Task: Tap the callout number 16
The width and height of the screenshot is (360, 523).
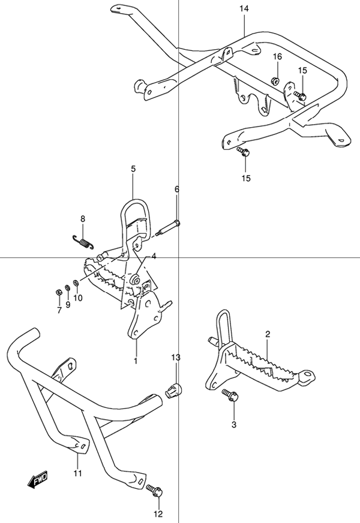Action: [277, 56]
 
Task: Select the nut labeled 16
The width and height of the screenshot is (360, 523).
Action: [274, 80]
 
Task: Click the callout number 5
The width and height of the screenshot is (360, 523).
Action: [133, 170]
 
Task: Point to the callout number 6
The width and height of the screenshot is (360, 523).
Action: [177, 190]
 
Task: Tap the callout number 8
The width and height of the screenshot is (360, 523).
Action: [83, 218]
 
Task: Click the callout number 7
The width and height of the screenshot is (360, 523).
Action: [59, 310]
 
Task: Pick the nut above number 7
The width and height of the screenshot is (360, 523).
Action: [58, 292]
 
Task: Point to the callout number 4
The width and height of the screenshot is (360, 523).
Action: [154, 256]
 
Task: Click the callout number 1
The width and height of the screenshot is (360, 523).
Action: [136, 361]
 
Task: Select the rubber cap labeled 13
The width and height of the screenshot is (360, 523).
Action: [173, 390]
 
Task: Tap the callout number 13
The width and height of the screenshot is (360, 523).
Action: [175, 358]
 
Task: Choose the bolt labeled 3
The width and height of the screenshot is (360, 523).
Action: [230, 395]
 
